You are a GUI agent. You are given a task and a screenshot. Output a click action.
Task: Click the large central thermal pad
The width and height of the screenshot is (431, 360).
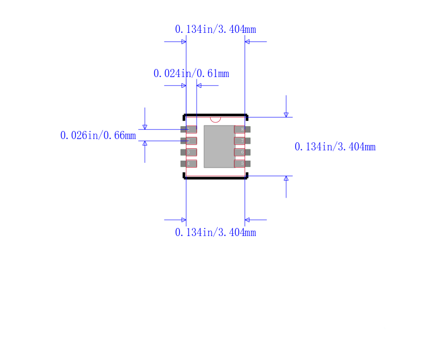[219, 147]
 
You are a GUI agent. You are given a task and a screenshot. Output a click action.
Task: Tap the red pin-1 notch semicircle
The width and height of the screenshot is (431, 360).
[215, 119]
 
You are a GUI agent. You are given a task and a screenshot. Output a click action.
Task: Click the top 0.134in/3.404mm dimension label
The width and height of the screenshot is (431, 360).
[215, 29]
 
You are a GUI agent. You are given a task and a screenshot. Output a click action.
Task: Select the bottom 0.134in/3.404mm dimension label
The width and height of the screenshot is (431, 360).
[215, 232]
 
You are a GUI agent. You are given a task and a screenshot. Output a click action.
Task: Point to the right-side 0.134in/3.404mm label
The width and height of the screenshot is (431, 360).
[335, 147]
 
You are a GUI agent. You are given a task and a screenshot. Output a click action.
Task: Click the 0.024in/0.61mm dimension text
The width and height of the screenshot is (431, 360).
[191, 73]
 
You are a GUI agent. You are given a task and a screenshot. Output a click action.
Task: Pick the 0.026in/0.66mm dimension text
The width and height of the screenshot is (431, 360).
[98, 135]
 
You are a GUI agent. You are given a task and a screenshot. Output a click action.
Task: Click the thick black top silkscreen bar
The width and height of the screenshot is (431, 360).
[215, 115]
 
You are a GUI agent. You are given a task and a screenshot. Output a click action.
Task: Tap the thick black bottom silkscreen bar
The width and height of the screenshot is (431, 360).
[215, 177]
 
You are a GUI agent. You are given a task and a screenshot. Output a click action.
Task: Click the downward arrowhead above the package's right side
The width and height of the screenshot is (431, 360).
[286, 114]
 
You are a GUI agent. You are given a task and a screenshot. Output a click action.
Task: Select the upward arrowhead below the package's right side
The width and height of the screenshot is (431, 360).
[286, 178]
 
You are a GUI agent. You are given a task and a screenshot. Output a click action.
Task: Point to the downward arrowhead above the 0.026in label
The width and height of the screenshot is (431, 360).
[144, 127]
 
